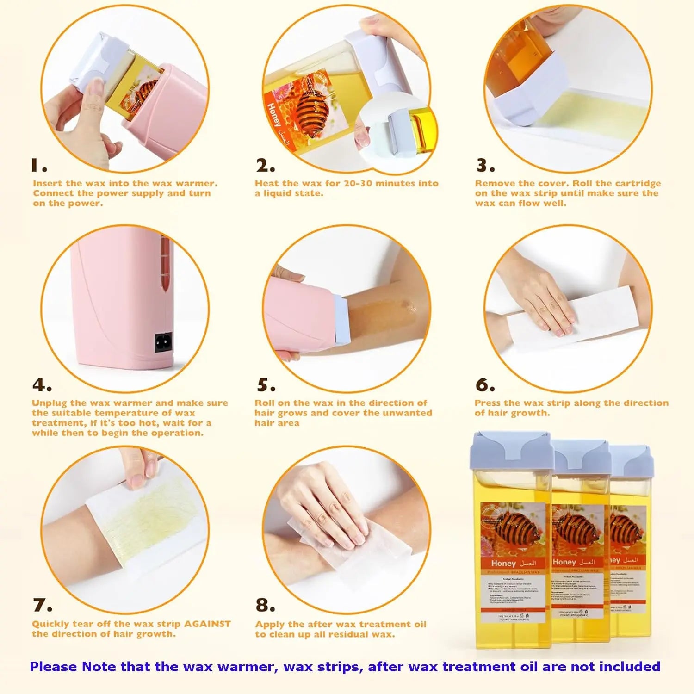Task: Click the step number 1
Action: click(x=38, y=165)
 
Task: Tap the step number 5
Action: click(x=266, y=385)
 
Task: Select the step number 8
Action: click(x=265, y=605)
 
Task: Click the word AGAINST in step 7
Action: click(x=207, y=624)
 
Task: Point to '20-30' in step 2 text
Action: click(x=358, y=183)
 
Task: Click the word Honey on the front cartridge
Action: click(x=503, y=563)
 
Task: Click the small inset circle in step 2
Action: click(x=397, y=132)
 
